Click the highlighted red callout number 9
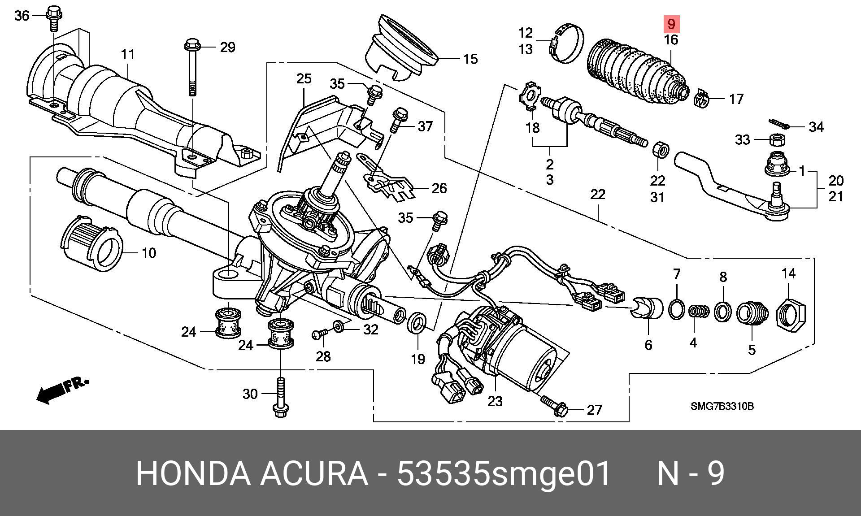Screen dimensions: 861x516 pyautogui.click(x=671, y=23)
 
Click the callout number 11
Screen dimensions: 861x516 pyautogui.click(x=128, y=55)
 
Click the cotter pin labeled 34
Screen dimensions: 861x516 pyautogui.click(x=782, y=124)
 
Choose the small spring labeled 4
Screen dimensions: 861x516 pyautogui.click(x=699, y=311)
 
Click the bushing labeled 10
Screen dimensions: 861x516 pyautogui.click(x=92, y=245)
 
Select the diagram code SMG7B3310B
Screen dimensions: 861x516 pyautogui.click(x=722, y=407)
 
